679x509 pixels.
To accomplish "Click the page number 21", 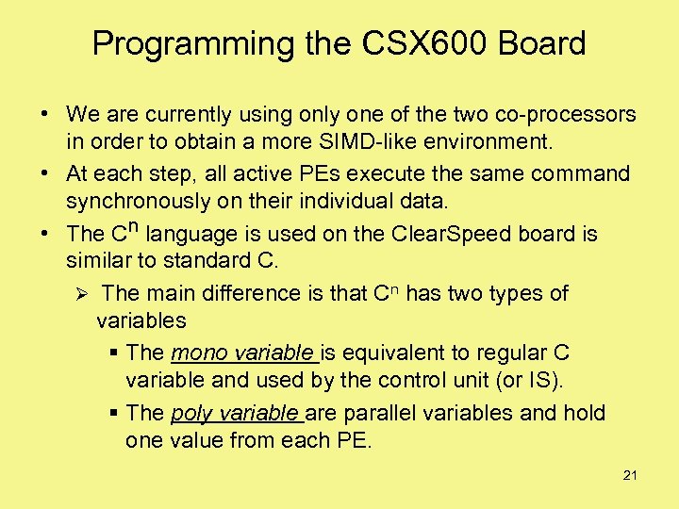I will (x=630, y=476).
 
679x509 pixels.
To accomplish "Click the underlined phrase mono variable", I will (x=243, y=353).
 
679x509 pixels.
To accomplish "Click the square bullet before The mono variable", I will (x=113, y=353).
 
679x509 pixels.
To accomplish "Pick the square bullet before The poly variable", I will (x=113, y=414).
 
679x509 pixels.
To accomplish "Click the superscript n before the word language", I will (x=135, y=227).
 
